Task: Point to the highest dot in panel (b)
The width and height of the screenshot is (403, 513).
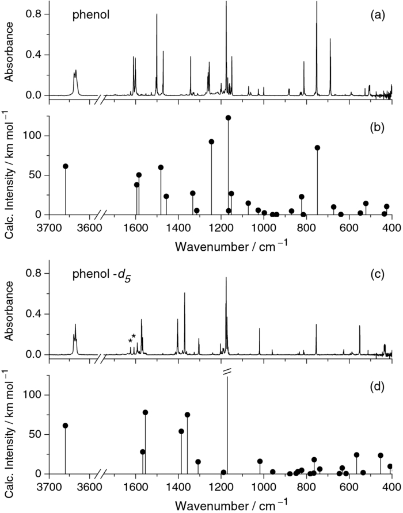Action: point(228,118)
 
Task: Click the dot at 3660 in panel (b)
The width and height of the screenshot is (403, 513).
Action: point(66,166)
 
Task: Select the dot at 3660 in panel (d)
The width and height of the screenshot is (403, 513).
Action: point(66,426)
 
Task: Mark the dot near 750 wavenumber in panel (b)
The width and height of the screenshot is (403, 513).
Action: point(317,148)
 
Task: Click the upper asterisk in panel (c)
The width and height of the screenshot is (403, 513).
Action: point(134,336)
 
